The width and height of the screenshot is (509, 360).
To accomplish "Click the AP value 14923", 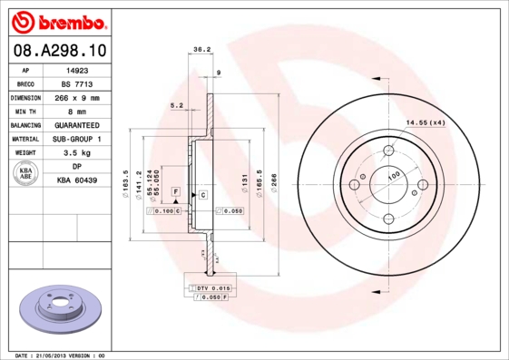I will coord(77,69).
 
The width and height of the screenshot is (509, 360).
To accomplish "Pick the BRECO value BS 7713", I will coord(77,83).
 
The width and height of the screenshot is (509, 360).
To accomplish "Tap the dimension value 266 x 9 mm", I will coord(77,97).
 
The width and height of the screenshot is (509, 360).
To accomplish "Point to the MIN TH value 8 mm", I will coord(77,111).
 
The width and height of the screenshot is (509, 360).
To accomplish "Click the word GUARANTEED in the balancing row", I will coord(77,125).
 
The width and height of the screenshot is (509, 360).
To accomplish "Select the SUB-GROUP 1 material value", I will coord(77,139).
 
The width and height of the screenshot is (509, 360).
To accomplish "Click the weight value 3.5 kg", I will coord(77,153).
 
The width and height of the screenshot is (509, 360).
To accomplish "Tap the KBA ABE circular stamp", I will coord(26,174).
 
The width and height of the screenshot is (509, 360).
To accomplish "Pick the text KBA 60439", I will coord(77,181).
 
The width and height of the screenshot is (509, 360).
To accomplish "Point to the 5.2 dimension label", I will coord(176,106).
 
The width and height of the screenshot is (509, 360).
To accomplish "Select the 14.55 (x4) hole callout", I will coord(425,122).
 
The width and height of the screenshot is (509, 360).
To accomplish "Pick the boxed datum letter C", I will coord(203,195).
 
